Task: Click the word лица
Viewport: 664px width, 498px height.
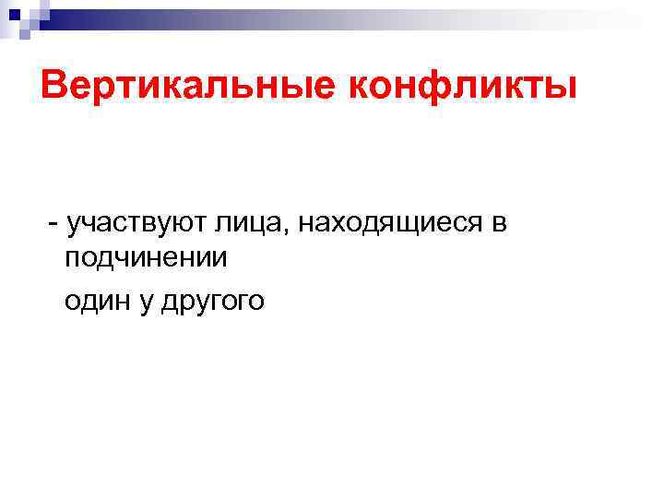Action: pyautogui.click(x=240, y=223)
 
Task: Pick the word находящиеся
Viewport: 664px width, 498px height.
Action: pyautogui.click(x=392, y=223)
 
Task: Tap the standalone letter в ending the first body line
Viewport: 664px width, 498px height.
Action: pyautogui.click(x=500, y=223)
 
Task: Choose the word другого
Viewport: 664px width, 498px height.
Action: pyautogui.click(x=212, y=302)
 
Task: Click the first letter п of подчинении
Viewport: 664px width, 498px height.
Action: pyautogui.click(x=74, y=259)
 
